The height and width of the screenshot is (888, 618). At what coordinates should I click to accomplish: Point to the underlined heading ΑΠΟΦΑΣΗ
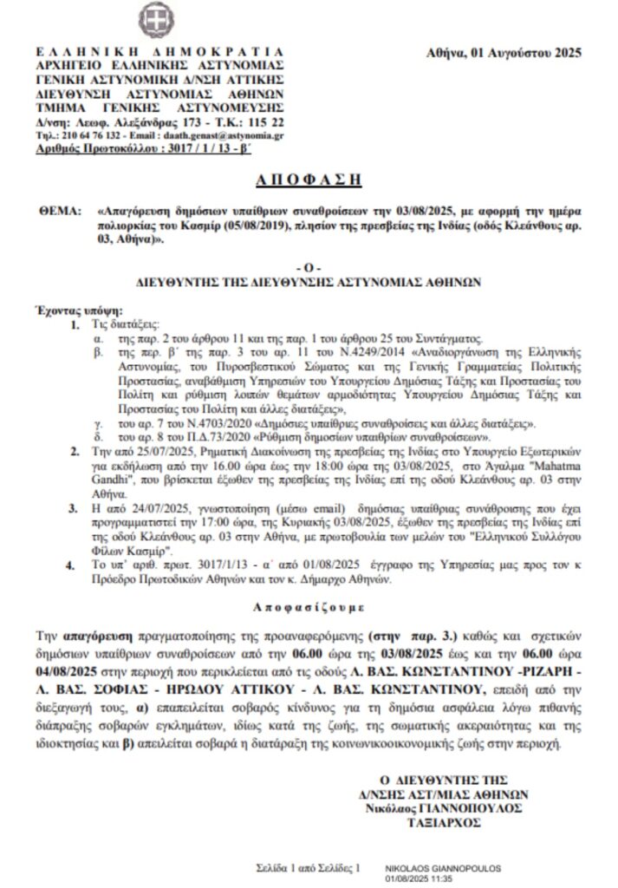(309, 180)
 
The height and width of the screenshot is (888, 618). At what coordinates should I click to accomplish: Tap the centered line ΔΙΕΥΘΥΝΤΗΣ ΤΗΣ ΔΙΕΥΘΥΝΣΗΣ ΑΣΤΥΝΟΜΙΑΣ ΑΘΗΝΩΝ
(309, 281)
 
